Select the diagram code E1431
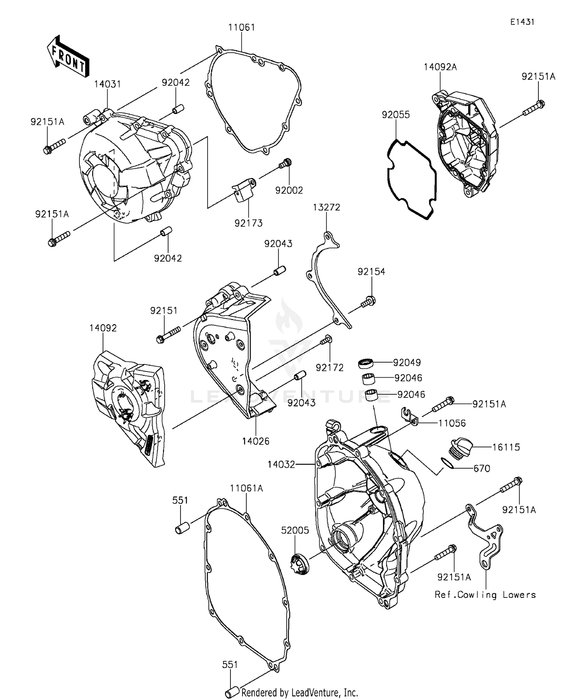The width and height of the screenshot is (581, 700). coord(522,22)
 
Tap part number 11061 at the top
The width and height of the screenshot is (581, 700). coord(241,27)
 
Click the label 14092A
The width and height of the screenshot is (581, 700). coord(440,67)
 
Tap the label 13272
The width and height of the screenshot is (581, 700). coord(327,207)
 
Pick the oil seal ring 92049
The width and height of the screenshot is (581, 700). coord(366,363)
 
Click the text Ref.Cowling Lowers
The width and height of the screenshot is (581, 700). coord(485,595)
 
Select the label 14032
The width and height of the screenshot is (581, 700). coord(281,464)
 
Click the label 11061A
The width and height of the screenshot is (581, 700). coord(246,489)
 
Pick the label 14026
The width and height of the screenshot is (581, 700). coord(256,441)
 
